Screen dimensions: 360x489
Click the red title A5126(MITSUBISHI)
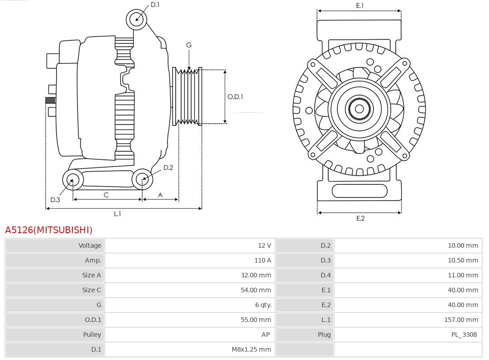(x=48, y=230)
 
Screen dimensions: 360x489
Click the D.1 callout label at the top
(x=155, y=5)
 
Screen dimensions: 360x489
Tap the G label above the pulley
(x=189, y=45)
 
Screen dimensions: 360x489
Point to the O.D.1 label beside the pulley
(x=235, y=96)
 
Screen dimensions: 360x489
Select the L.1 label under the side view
(x=117, y=214)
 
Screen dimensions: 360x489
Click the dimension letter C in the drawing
(x=106, y=195)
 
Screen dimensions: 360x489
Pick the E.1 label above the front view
(x=360, y=5)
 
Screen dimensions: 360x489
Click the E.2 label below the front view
(x=360, y=218)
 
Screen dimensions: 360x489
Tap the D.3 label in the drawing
(x=55, y=200)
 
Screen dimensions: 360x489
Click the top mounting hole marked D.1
(x=136, y=19)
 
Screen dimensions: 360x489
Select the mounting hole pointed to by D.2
(x=143, y=179)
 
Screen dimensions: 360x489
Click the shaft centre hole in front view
(x=359, y=109)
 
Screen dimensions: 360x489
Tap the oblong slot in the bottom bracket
(x=360, y=191)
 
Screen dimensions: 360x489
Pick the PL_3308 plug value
(x=464, y=335)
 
